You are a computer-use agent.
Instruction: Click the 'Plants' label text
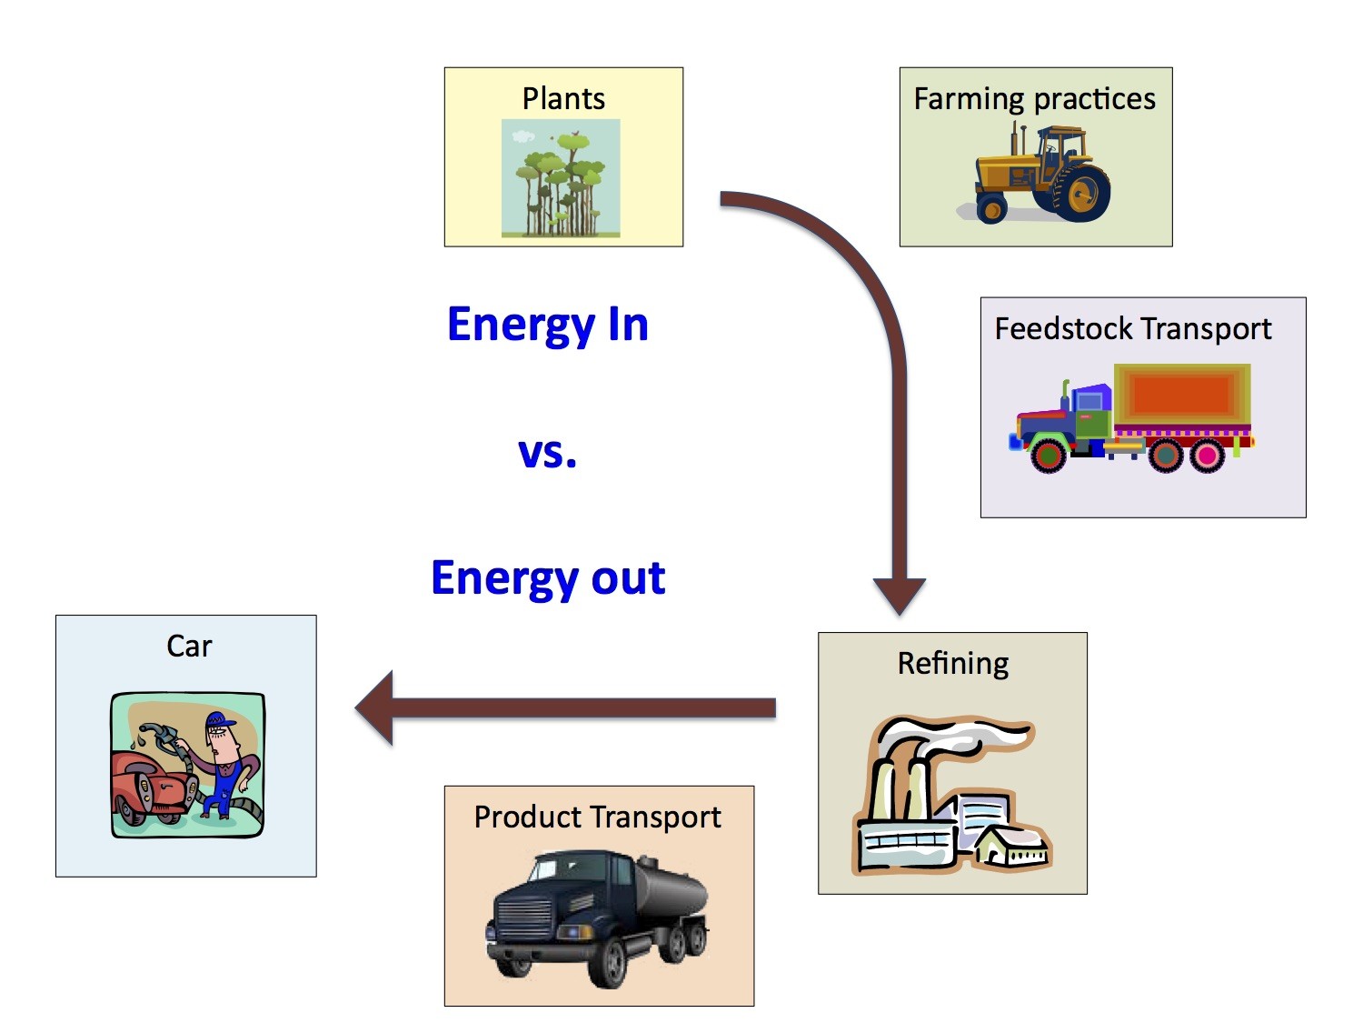click(563, 98)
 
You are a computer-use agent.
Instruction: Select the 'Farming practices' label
click(1034, 98)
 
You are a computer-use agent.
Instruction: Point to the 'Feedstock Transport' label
click(1132, 328)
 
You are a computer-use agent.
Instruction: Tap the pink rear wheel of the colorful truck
click(1207, 455)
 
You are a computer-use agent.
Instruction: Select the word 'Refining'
click(952, 663)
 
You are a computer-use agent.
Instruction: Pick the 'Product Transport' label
click(597, 817)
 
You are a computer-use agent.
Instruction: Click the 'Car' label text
click(189, 646)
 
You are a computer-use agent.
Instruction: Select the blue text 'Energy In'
click(548, 325)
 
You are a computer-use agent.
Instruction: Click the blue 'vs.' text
click(547, 452)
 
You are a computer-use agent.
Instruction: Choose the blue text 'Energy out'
click(548, 578)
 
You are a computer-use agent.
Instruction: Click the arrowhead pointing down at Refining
click(899, 596)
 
